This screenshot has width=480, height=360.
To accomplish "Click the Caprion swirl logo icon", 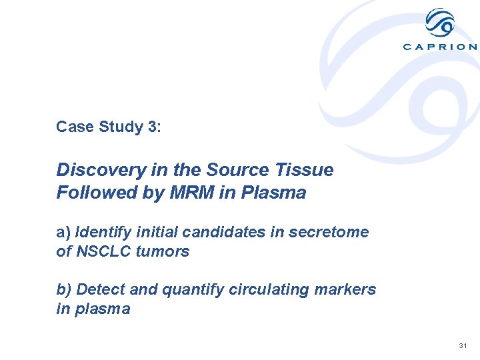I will [440, 23].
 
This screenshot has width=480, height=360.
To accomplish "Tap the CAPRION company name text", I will [440, 47].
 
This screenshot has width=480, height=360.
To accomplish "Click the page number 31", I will [463, 346].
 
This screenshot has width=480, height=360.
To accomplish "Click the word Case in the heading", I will [72, 127].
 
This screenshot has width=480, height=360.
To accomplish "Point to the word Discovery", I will [93, 170].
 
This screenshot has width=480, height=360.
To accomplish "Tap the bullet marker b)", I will [64, 290].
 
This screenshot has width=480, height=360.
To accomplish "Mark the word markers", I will [346, 290].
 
